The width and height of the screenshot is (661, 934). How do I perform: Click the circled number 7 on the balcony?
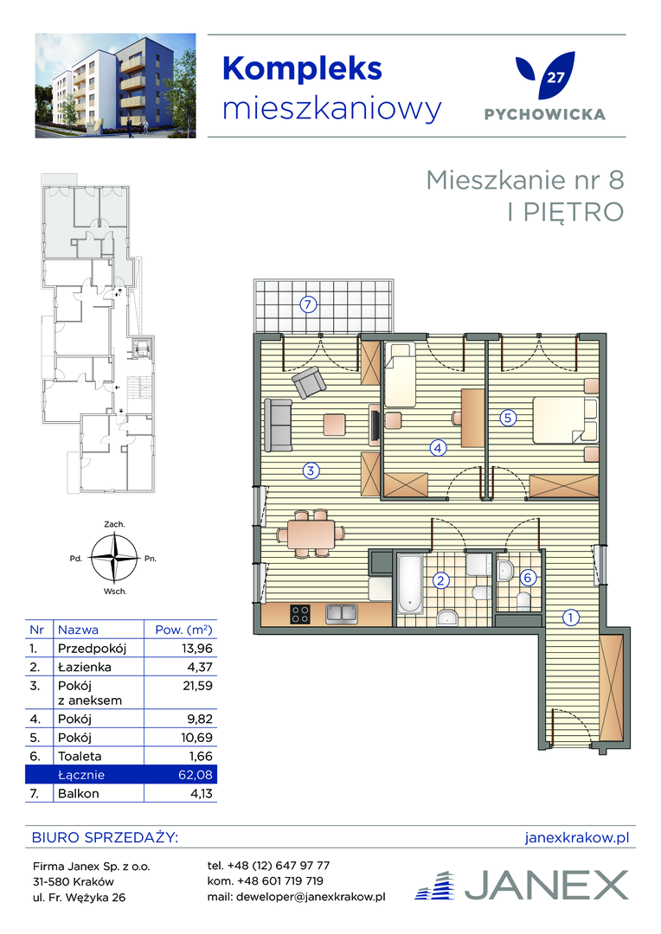click(x=307, y=305)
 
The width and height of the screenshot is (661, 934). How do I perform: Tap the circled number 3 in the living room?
click(x=311, y=470)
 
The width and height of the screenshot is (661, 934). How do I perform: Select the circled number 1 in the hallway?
click(x=570, y=617)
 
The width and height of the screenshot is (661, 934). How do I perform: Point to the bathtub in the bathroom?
click(x=410, y=584)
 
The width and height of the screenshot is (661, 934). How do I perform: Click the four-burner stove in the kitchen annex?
click(x=300, y=613)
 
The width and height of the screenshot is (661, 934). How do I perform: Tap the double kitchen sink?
click(x=342, y=613)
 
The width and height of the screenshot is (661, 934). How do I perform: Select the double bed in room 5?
click(x=564, y=420)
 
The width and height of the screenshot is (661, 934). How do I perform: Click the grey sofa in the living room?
click(x=278, y=425)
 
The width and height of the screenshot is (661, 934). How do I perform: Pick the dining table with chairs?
click(x=311, y=534)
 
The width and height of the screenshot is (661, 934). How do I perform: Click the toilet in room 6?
click(x=524, y=601)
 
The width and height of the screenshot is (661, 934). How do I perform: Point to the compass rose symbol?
click(x=114, y=558)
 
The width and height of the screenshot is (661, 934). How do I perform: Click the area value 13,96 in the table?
click(x=196, y=648)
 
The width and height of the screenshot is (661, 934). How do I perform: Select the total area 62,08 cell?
click(x=196, y=775)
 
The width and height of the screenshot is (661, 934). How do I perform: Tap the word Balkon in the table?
click(x=79, y=793)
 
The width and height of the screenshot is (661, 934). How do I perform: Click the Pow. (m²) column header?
click(x=183, y=630)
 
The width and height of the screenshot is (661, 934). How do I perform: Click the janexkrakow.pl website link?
click(x=577, y=837)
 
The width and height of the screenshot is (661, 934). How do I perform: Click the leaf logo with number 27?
click(x=545, y=75)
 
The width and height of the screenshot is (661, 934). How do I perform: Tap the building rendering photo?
click(x=116, y=86)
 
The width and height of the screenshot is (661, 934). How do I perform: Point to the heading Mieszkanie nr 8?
click(x=525, y=180)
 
